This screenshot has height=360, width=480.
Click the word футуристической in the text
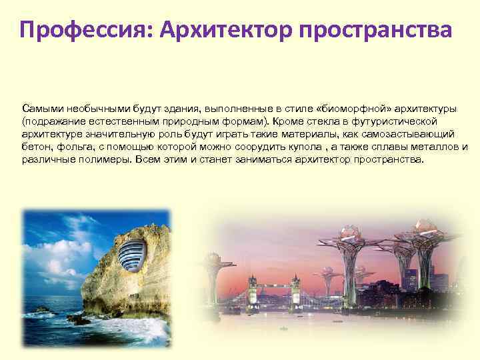click(396, 121)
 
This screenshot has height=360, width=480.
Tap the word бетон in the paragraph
click(34, 147)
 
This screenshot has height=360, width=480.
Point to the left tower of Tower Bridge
click(253, 287)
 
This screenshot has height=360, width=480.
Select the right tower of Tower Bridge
click(294, 287)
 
